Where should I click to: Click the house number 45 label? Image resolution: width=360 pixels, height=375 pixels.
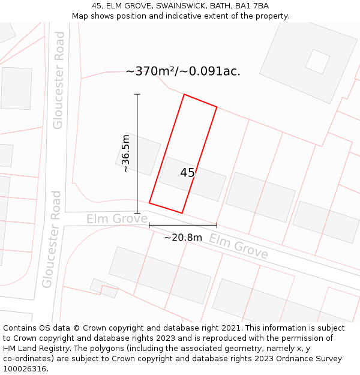[x=187, y=173]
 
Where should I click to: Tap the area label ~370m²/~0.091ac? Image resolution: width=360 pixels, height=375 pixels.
[x=183, y=71]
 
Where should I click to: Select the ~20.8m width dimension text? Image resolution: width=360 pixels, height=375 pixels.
[x=183, y=237]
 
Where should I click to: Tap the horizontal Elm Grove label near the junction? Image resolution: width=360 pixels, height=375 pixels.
[x=116, y=218]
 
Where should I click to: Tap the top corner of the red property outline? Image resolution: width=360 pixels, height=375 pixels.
[x=184, y=95]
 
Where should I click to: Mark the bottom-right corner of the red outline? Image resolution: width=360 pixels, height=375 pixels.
[x=182, y=213]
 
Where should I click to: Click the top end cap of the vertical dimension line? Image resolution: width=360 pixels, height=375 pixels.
[x=137, y=95]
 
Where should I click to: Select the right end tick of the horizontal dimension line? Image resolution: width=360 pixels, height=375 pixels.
[x=217, y=226]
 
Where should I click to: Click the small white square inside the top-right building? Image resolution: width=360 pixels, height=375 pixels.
[x=317, y=61]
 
